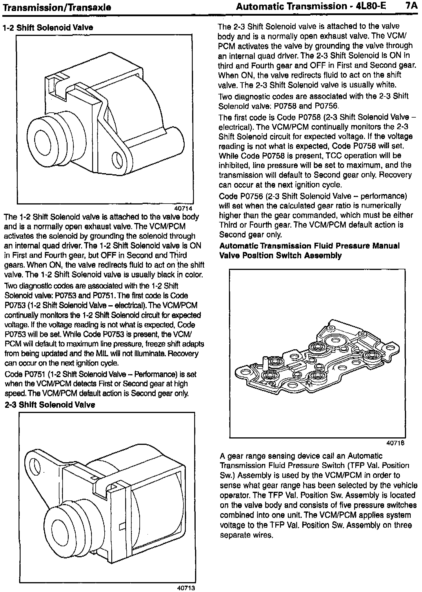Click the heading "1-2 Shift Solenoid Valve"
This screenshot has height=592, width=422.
[x=48, y=28]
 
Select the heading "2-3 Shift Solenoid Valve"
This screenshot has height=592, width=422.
[x=50, y=405]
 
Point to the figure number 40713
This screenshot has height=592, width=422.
[x=186, y=588]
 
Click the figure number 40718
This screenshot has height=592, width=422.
[x=396, y=443]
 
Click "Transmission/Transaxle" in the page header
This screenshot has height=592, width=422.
[x=57, y=7]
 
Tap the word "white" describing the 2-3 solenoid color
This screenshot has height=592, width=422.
[x=385, y=85]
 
